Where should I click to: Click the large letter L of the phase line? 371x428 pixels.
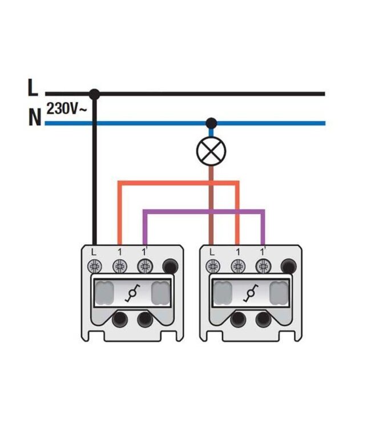click(33, 87)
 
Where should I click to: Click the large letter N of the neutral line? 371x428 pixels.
click(35, 117)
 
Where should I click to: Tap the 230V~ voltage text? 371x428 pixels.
click(66, 108)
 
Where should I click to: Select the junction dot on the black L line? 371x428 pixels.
click(94, 94)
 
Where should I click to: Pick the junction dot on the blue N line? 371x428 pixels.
click(211, 123)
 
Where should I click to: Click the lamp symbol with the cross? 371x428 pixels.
click(211, 151)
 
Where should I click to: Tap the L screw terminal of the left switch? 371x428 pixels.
click(94, 266)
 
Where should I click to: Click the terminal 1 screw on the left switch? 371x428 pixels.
click(120, 266)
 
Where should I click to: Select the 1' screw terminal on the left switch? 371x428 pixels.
click(145, 266)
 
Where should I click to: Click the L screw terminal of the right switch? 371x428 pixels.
click(213, 266)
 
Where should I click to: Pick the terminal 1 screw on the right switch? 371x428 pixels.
click(238, 266)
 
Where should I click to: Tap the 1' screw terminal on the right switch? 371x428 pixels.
click(263, 266)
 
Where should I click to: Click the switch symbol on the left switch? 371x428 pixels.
click(132, 293)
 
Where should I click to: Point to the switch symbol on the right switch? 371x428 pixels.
click(251, 293)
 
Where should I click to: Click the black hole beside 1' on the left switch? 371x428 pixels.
click(170, 266)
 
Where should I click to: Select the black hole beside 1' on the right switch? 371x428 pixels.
click(289, 266)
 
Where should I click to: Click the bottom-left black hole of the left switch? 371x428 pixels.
click(120, 320)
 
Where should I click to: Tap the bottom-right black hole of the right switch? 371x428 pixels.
click(264, 320)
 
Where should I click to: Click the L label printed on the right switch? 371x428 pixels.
click(212, 252)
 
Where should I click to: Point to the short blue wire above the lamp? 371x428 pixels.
click(211, 132)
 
